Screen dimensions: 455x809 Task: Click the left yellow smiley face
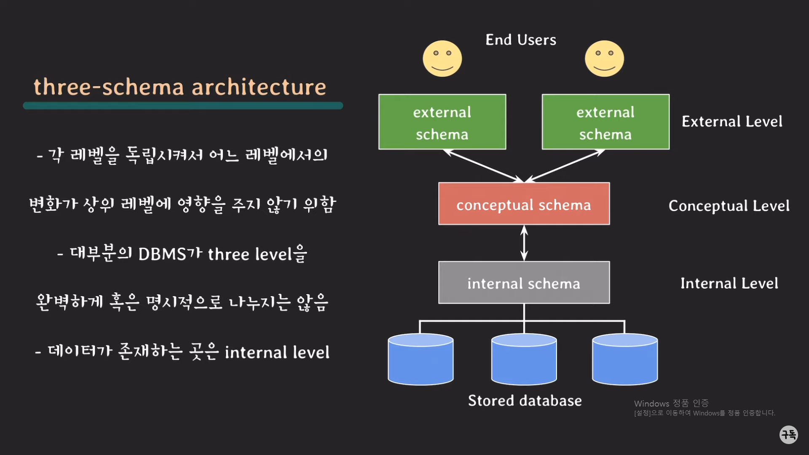[442, 59]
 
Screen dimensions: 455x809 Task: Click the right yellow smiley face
[604, 59]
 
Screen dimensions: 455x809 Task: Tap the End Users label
[521, 40]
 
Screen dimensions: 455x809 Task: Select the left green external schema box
[442, 122]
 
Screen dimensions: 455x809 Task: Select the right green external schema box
[605, 122]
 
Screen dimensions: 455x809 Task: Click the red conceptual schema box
[524, 204]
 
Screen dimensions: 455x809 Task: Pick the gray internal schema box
[524, 283]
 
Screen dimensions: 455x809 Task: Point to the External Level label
[732, 122]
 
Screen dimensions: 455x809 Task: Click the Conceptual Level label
[729, 206]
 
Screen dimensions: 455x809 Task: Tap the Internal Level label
[729, 283]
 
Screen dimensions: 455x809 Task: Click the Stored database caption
[525, 401]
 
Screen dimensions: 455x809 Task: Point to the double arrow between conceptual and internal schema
[524, 243]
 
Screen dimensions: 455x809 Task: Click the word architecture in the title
[259, 87]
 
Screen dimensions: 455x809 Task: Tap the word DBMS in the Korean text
[162, 254]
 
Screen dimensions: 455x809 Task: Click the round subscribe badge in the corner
[788, 434]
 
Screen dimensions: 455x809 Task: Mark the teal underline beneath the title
[183, 106]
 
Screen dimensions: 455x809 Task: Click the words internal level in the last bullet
[277, 353]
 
